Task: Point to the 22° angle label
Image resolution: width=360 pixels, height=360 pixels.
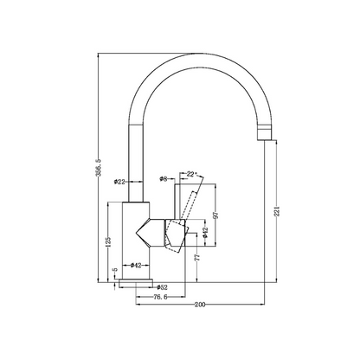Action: click(192, 176)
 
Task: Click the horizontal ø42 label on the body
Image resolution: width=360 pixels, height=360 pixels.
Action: click(136, 265)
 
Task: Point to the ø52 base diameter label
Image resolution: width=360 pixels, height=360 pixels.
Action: click(163, 286)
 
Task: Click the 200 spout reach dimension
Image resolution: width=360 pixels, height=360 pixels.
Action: click(200, 305)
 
